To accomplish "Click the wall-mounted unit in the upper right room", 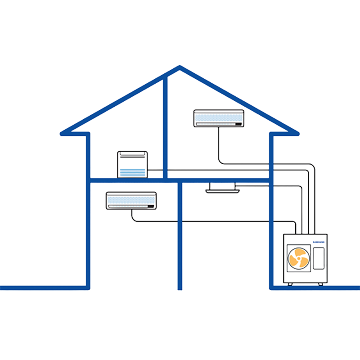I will click(219, 117).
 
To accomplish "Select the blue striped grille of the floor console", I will click(132, 172).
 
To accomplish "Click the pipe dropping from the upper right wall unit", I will click(218, 144).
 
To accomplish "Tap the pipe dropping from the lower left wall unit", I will click(131, 215).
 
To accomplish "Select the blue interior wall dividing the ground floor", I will click(180, 234).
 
